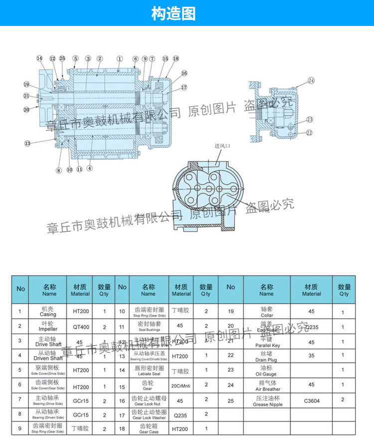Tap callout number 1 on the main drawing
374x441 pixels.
pos(120,58)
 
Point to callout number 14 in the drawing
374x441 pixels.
pos(39,58)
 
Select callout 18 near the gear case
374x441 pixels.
pos(176,58)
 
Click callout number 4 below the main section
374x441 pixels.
pos(90,168)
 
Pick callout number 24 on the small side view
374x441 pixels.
pos(311,80)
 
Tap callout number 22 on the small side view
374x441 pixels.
pos(309,132)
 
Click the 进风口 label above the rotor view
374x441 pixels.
pos(223,146)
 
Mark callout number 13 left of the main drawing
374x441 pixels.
pos(27,143)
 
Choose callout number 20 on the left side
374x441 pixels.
pos(26,109)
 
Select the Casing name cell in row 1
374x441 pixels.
pos(48,312)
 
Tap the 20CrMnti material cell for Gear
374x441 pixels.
pos(182,386)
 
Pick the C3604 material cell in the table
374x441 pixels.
pos(312,400)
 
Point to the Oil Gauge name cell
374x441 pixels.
pos(267,371)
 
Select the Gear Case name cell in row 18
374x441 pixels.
pos(148,429)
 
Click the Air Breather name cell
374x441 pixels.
pos(267,386)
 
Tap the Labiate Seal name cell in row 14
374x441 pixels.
pos(148,371)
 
